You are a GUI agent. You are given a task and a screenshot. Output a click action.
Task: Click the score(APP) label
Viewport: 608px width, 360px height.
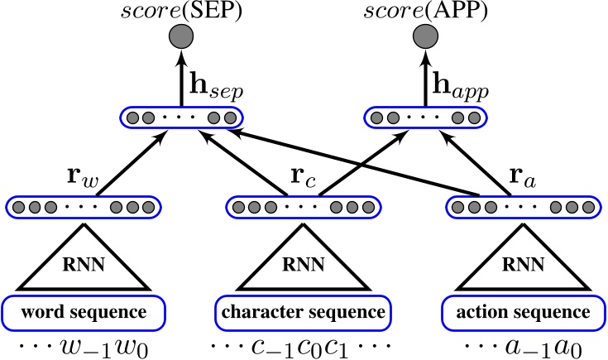coord(422,12)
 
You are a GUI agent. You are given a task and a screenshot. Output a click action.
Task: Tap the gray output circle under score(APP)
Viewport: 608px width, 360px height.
coord(424,38)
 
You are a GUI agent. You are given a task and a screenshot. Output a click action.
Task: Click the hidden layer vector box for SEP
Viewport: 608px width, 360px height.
coord(181,118)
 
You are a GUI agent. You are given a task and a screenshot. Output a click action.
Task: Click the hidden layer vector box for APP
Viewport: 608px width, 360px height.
coord(424,118)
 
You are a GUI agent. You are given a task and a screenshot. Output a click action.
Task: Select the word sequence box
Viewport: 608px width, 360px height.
coord(80,313)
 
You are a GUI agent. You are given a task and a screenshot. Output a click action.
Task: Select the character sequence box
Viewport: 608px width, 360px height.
coord(302,313)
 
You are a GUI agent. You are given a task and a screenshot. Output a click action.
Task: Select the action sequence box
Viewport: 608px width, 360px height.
coord(522,313)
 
